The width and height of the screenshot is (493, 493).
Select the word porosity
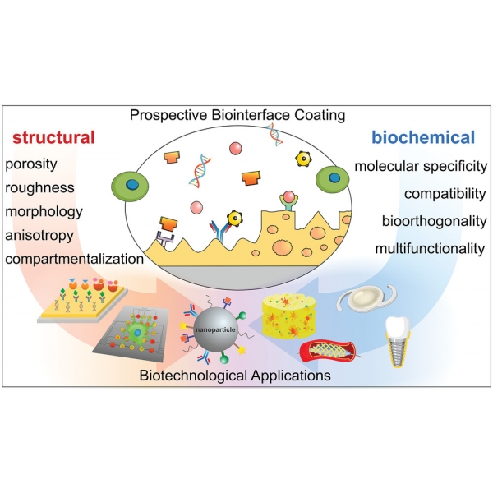pyautogui.click(x=30, y=164)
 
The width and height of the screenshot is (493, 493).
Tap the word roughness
pyautogui.click(x=39, y=188)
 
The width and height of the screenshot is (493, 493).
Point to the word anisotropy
pyautogui.click(x=40, y=236)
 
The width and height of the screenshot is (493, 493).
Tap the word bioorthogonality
pyautogui.click(x=433, y=221)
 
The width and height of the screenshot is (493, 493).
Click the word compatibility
pyautogui.click(x=443, y=194)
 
